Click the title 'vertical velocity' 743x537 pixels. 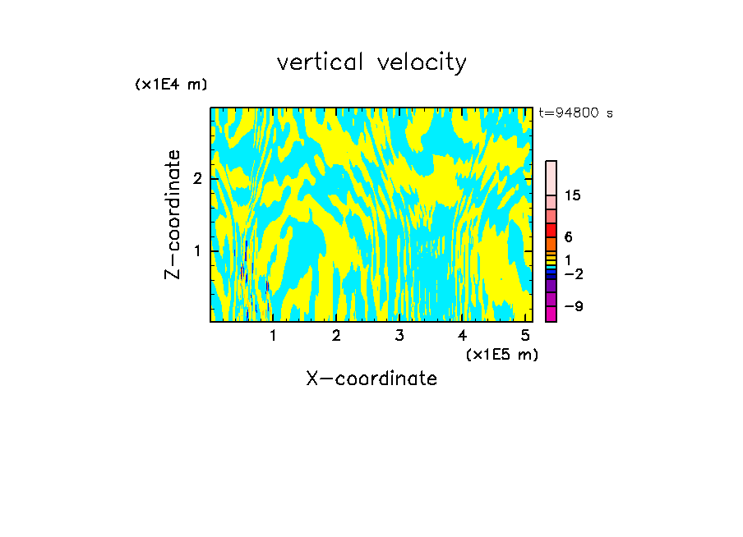(371, 62)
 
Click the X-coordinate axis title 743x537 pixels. (371, 379)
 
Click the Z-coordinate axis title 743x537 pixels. (173, 214)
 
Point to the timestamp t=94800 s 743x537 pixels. (575, 113)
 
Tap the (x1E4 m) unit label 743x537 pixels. (171, 85)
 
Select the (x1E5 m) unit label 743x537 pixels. (501, 354)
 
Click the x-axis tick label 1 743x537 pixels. (273, 336)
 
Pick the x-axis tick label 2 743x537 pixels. (336, 336)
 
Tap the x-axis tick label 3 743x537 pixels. (399, 336)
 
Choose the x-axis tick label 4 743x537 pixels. (462, 336)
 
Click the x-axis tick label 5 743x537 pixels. (525, 336)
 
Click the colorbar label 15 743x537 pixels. (573, 195)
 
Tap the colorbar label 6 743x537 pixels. (568, 236)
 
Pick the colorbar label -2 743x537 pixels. (573, 273)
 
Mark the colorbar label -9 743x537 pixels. (573, 306)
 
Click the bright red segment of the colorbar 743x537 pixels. (551, 230)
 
